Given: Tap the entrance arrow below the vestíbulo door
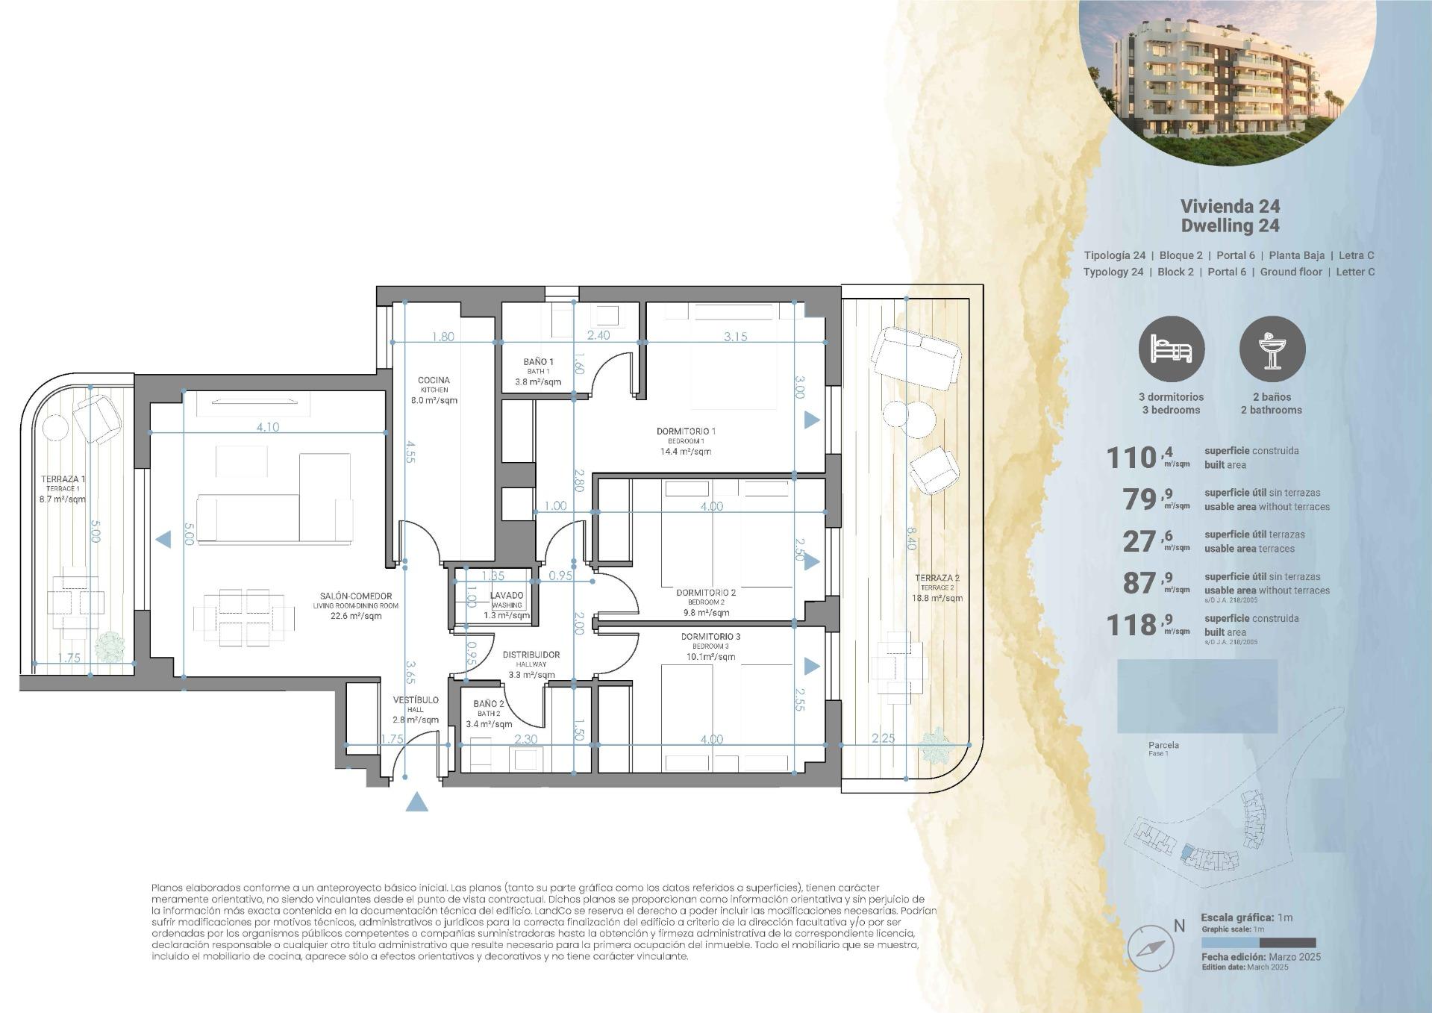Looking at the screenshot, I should coord(418,802).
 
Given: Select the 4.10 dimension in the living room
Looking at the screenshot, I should coord(267,427).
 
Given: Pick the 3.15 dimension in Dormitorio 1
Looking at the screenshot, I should coord(735,337).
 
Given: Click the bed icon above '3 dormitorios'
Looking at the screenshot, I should coord(1171,349).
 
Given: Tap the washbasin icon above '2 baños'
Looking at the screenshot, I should coord(1272,349).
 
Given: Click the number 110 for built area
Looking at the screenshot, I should coord(1131,458).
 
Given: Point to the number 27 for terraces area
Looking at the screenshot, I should coord(1139,541).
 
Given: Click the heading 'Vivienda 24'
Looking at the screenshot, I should coord(1230,206).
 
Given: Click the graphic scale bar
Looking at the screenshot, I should coord(1258,943).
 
